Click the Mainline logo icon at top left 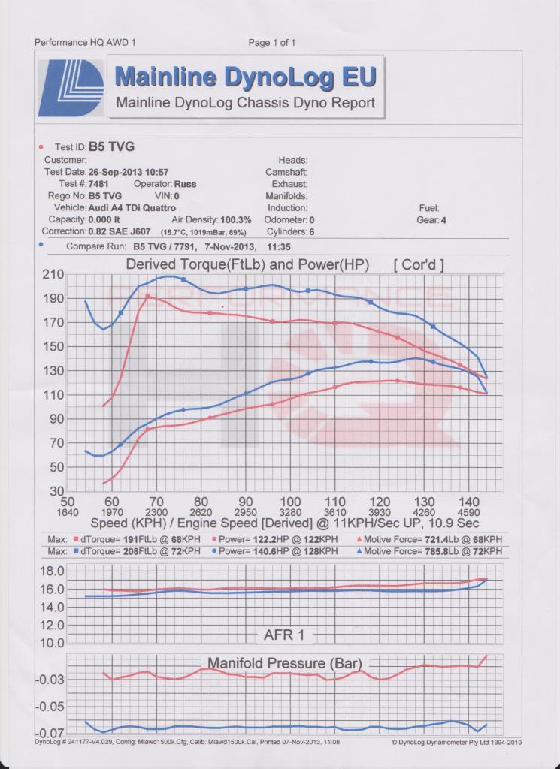[x=71, y=88]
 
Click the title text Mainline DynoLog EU [x=245, y=77]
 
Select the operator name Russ [x=185, y=185]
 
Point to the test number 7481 [x=98, y=184]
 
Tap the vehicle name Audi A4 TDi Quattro [x=132, y=208]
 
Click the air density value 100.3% [x=235, y=220]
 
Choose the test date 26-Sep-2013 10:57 [x=129, y=172]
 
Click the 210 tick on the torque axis [x=53, y=274]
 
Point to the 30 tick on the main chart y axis [x=57, y=491]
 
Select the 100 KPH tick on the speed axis [x=290, y=502]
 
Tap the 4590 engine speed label [x=468, y=512]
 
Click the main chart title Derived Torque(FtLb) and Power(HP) [x=247, y=265]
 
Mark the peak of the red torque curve [x=147, y=296]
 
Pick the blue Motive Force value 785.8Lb [x=443, y=551]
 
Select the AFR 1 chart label [x=284, y=635]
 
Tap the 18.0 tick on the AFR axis [x=52, y=571]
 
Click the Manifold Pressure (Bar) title [x=285, y=663]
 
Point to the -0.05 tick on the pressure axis [x=50, y=706]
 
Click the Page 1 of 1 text [x=272, y=43]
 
